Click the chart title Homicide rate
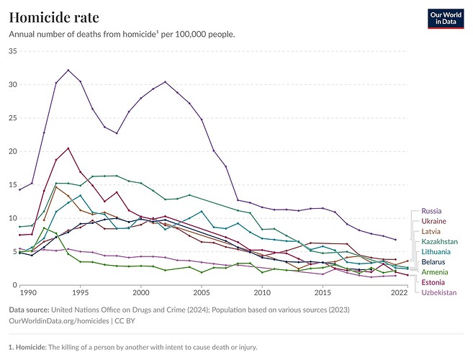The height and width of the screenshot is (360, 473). coord(54,17)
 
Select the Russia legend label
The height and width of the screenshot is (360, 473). coord(431,211)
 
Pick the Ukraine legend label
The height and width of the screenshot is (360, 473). coord(433,221)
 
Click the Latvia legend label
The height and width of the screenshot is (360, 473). coord(431,231)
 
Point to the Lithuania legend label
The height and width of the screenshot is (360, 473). coord(437,251)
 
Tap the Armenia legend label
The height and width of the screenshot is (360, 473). coord(435,272)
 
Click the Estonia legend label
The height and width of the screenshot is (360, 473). coord(433,282)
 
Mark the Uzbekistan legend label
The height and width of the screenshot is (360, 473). coord(440,292)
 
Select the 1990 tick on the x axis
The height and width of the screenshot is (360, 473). coord(28,294)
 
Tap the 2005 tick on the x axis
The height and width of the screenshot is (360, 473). coord(201,294)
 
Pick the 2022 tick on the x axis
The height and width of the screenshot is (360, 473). coord(398,294)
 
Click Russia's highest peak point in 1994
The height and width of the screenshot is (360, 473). coord(68,71)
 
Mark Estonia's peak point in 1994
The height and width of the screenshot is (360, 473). coord(68,148)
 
